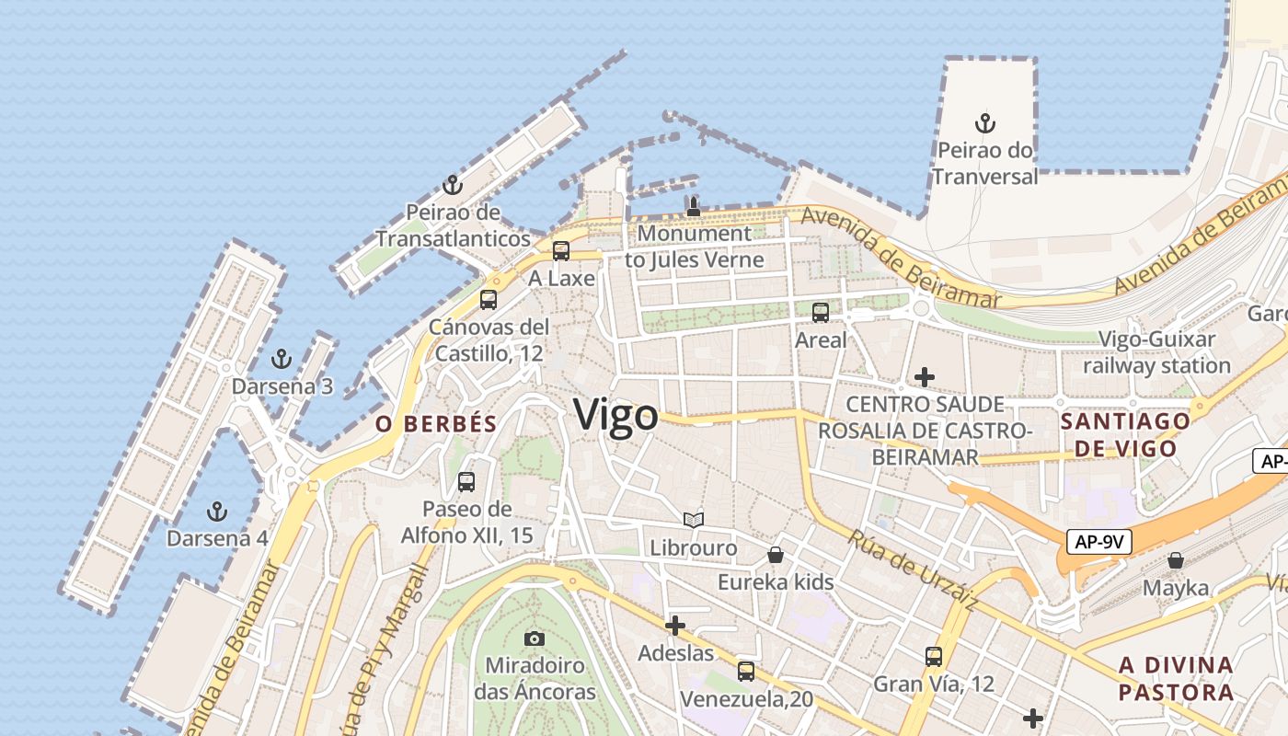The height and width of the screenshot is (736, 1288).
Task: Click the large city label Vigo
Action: [615, 416]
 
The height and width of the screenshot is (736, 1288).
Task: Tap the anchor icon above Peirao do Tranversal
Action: [985, 122]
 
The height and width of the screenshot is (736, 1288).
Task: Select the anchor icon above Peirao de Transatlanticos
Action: [452, 186]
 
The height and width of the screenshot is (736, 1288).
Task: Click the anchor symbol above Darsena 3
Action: [282, 359]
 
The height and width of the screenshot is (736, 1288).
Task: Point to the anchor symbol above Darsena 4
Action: [217, 511]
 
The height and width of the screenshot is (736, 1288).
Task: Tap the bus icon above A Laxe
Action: [560, 251]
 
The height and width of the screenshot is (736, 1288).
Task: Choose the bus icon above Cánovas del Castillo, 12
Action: [489, 300]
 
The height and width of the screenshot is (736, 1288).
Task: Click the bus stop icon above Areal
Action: [821, 313]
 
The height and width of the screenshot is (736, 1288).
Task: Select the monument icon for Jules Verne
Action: [694, 206]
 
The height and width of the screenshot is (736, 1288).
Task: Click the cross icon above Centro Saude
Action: [925, 377]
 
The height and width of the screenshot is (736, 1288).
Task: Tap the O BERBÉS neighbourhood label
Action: [436, 424]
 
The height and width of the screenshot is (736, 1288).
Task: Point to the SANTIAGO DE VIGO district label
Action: [1125, 435]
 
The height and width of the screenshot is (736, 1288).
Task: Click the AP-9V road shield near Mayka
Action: [1099, 542]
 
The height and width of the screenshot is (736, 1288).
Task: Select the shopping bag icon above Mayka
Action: [1176, 560]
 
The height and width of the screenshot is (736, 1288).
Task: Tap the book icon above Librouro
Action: [693, 521]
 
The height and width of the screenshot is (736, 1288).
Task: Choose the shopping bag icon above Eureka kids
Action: [776, 555]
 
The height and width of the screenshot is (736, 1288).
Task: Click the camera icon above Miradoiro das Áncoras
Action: [535, 638]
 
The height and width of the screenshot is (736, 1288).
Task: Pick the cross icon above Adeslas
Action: [675, 626]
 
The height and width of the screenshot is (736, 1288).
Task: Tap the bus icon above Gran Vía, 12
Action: [934, 657]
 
